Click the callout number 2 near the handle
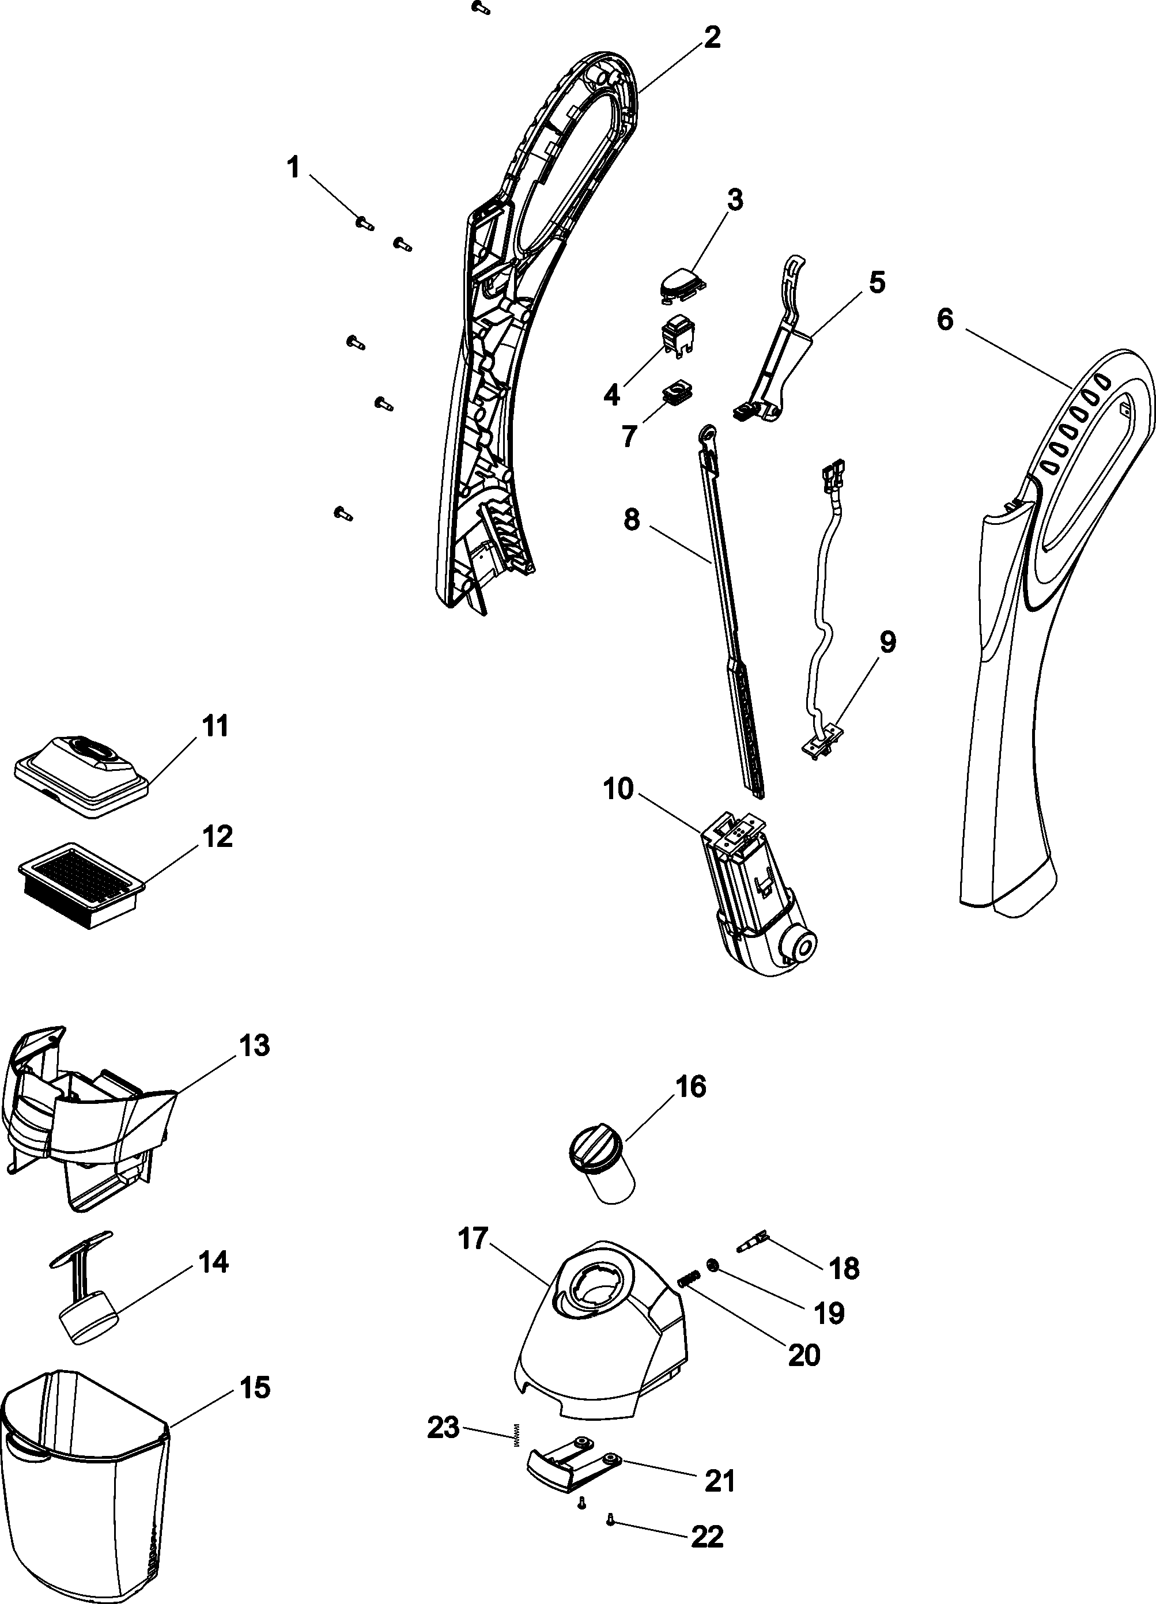(712, 37)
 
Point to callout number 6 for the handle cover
(945, 320)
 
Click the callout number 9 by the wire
(886, 643)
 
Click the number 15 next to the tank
(255, 1389)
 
